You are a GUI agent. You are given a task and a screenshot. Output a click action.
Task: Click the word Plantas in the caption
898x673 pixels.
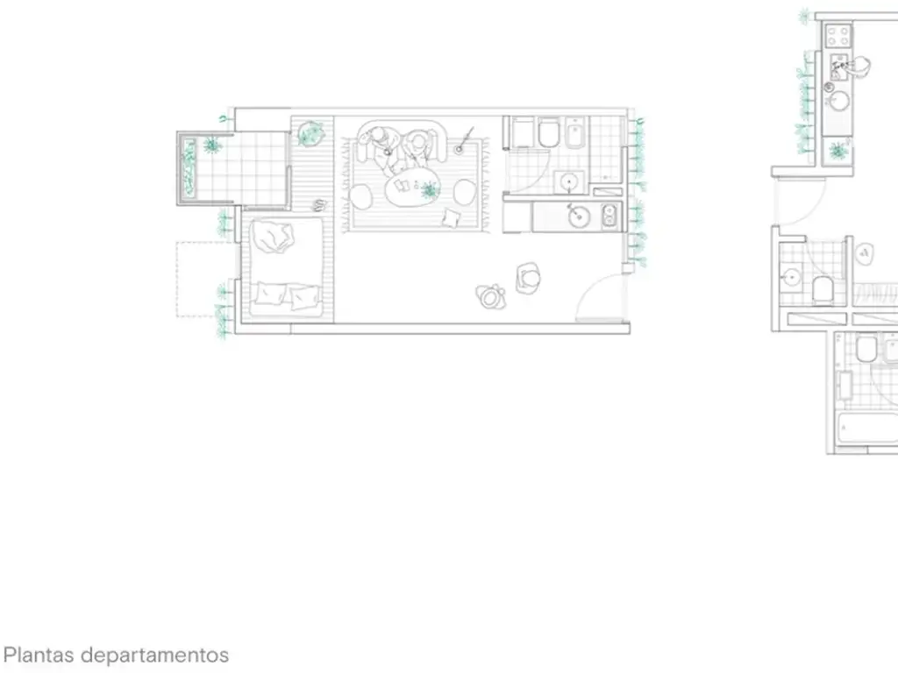(x=39, y=655)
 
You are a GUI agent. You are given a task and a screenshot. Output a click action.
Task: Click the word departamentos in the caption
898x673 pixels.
(x=154, y=655)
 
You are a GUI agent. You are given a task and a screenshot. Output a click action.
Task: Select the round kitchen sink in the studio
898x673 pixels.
(x=579, y=217)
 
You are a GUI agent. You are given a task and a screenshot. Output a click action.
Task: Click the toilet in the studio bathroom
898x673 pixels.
(x=548, y=132)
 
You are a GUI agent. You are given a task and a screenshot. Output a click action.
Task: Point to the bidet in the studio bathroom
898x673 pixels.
(x=574, y=132)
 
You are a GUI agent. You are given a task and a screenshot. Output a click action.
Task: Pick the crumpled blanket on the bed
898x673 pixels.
(x=274, y=237)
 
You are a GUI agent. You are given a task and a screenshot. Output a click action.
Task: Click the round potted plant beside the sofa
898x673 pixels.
(x=310, y=134)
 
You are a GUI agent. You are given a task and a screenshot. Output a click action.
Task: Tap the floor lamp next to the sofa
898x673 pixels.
(x=460, y=149)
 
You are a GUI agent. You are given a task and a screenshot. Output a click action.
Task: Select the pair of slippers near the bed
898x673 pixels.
(x=319, y=204)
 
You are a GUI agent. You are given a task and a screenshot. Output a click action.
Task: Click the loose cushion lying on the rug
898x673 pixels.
(x=451, y=218)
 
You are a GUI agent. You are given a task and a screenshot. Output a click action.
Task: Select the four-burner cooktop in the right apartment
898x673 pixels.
(x=837, y=36)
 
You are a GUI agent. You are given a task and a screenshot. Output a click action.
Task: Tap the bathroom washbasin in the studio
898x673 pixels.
(x=569, y=182)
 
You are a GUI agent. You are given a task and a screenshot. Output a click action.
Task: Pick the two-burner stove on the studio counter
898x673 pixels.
(x=609, y=216)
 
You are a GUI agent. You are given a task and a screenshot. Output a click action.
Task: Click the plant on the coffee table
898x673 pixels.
(x=428, y=189)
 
